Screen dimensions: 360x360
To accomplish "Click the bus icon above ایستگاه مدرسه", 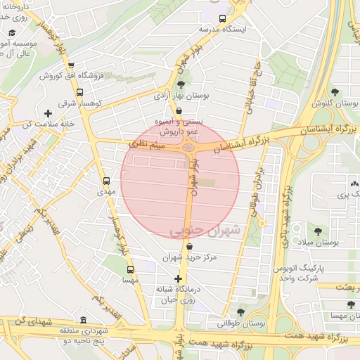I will pos(223,18).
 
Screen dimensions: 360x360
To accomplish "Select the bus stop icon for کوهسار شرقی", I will pos(79,92).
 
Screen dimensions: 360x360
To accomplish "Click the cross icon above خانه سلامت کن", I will pos(48,113).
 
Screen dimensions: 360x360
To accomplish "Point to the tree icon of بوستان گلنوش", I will pos(335,91).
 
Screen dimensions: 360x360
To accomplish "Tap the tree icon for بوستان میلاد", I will pos(318,230).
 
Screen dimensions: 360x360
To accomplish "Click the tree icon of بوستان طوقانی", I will pos(241,311).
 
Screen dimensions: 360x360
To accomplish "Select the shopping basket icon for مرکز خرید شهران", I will pos(191,246).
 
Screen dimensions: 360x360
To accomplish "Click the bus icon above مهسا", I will pos(129,269).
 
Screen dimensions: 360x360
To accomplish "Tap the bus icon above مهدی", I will pos(106,180).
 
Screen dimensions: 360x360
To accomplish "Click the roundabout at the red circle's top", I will pos(188,147).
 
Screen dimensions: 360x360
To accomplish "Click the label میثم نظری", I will pos(146,143).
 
